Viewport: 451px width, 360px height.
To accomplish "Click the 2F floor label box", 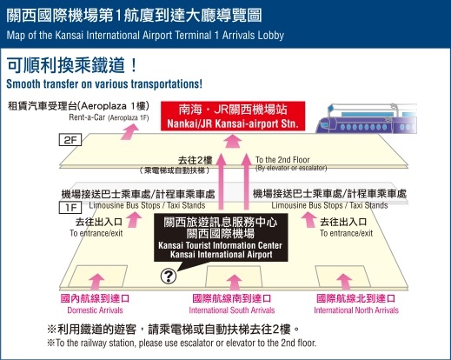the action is [70, 140].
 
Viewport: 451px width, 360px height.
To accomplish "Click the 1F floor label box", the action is [70, 207].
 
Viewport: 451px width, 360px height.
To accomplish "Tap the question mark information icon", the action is [169, 276].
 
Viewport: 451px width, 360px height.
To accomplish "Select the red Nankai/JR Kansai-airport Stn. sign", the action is [233, 116].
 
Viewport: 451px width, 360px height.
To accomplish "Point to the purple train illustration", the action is [366, 118].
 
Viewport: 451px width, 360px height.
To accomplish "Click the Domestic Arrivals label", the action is [95, 310].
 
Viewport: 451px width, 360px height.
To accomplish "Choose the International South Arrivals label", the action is [232, 310].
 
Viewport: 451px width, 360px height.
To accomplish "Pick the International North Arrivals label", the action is [356, 310].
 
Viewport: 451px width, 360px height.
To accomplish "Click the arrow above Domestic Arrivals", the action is [96, 282].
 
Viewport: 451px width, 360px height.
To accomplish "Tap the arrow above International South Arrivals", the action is [234, 283].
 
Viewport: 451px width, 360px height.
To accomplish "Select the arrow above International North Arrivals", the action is [344, 283].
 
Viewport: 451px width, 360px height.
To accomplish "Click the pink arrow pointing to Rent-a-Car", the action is [129, 131].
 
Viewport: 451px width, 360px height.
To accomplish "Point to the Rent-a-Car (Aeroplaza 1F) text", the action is [109, 117].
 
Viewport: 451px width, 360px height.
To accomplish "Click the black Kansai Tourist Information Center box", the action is [221, 237].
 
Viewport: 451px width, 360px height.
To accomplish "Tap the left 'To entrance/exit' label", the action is [96, 233].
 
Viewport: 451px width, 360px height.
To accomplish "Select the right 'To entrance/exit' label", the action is [346, 233].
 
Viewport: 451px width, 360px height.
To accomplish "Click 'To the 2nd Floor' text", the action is [282, 160].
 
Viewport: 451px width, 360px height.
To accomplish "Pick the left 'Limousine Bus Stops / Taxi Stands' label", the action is [147, 205].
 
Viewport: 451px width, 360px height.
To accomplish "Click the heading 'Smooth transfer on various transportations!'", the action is [104, 83].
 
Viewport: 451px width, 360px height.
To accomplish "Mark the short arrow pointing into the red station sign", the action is [233, 141].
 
